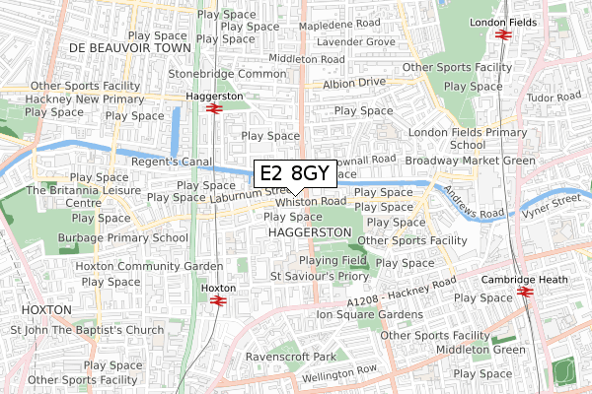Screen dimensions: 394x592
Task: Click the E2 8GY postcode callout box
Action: tap(296, 173)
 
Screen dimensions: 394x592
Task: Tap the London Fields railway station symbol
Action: tap(502, 33)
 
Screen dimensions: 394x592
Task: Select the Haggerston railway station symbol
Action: tap(213, 108)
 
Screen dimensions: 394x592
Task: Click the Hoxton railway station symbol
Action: tap(218, 300)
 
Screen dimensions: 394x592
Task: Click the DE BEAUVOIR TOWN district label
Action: tap(129, 46)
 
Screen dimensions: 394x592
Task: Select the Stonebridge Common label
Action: tap(227, 74)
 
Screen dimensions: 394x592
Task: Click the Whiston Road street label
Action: tap(311, 201)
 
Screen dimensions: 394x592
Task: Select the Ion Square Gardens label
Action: tap(369, 314)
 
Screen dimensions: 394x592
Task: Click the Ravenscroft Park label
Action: tap(292, 356)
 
